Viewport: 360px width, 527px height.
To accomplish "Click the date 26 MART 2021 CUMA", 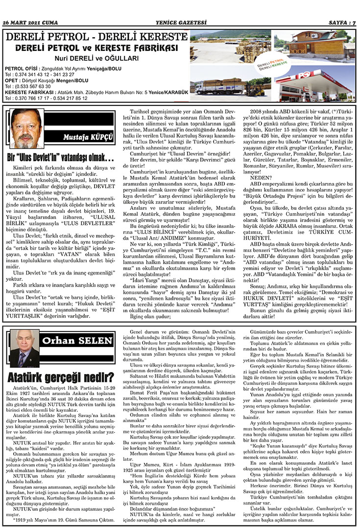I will [x=31, y=22].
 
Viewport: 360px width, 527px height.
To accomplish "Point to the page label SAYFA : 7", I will [x=340, y=22].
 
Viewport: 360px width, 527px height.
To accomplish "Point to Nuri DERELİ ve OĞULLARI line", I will [x=96, y=58].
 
